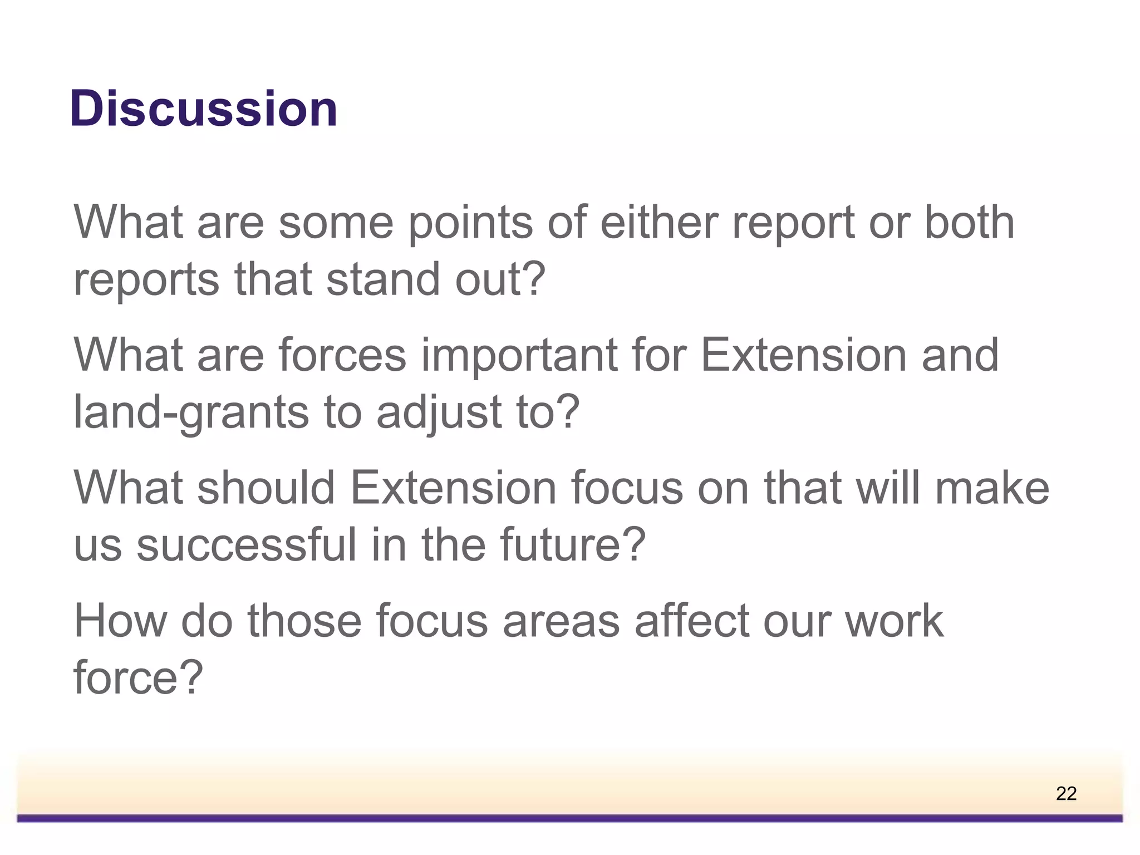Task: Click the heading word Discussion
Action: coord(204,109)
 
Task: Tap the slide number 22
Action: coord(1066,793)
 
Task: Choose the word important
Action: coord(519,356)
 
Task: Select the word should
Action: coord(266,488)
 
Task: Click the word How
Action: coord(120,621)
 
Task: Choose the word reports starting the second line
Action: coord(146,280)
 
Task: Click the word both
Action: coord(969,222)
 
